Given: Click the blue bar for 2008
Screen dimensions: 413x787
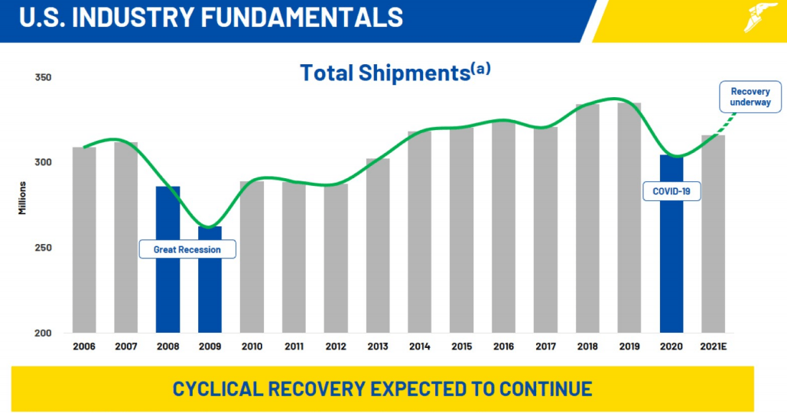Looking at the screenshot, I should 167,259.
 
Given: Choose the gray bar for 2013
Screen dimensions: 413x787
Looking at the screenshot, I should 377,245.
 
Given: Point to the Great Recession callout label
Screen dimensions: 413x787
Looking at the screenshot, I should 187,249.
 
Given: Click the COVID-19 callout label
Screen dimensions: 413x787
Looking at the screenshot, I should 672,191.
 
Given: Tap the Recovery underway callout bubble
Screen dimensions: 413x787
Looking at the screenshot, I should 750,97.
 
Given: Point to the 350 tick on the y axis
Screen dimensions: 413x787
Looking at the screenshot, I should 44,78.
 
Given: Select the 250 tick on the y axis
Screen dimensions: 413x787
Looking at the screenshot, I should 44,249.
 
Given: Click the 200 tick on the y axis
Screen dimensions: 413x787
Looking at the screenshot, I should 44,333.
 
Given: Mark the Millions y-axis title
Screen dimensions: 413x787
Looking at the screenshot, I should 24,197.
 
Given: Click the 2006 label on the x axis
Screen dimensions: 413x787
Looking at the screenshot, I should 84,346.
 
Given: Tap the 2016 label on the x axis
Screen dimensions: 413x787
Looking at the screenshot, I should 503,346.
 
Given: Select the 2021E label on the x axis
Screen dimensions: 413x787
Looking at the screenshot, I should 713,346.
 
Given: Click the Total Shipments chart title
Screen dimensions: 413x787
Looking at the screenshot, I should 384,73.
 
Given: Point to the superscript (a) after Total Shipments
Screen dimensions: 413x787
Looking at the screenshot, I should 480,68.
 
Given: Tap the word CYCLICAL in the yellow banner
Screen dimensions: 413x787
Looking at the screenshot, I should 219,389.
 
